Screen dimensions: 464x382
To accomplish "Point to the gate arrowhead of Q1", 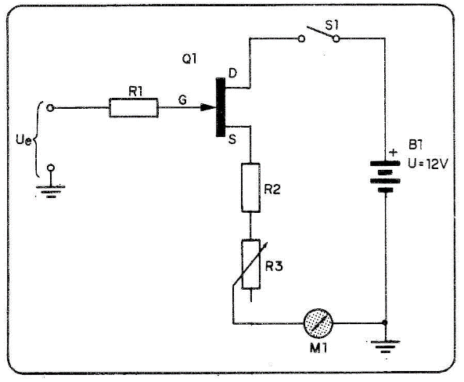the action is tap(207, 107).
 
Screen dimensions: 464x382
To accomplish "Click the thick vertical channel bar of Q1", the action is tap(221, 107).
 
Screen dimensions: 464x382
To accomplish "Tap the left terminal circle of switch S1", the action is tap(301, 38).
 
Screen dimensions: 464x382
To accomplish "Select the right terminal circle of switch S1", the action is tap(336, 38).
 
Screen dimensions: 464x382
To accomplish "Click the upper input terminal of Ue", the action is tap(51, 108).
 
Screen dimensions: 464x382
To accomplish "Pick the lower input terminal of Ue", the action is tap(51, 168).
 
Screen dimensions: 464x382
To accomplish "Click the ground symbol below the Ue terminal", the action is tap(51, 191).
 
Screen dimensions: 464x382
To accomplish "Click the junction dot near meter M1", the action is tap(385, 323).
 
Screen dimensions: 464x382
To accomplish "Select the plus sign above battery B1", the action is tap(394, 153).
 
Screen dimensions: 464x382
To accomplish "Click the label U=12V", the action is tap(428, 164).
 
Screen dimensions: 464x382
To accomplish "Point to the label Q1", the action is tap(189, 59).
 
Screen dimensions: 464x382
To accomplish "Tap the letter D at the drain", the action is tap(232, 73).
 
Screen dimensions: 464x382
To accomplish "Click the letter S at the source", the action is tap(232, 139).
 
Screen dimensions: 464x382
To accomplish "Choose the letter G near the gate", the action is tap(182, 99).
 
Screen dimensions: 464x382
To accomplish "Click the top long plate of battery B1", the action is tap(385, 163).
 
